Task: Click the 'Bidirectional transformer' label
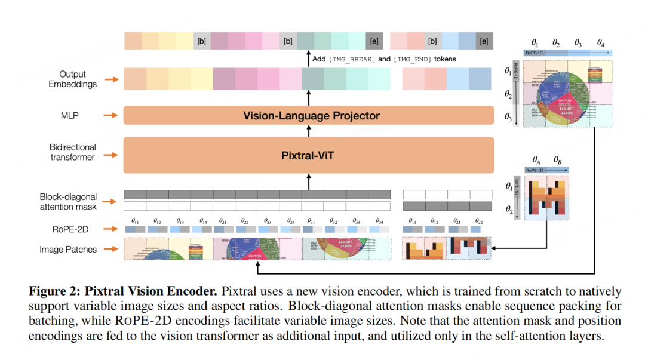[73, 152]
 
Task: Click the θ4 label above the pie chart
[600, 43]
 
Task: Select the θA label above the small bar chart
[536, 161]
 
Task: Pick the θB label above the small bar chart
[557, 161]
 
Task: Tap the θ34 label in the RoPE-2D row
[377, 221]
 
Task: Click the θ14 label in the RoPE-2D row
[203, 221]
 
